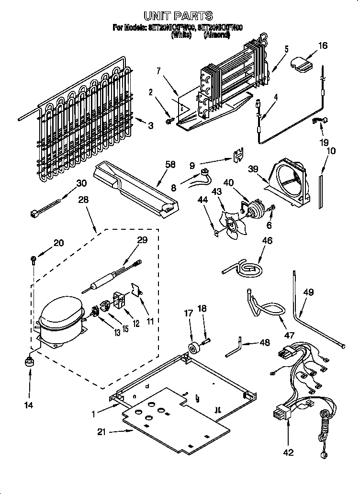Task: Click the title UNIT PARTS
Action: point(178,17)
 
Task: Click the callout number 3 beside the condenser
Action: point(151,126)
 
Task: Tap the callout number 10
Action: point(330,151)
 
